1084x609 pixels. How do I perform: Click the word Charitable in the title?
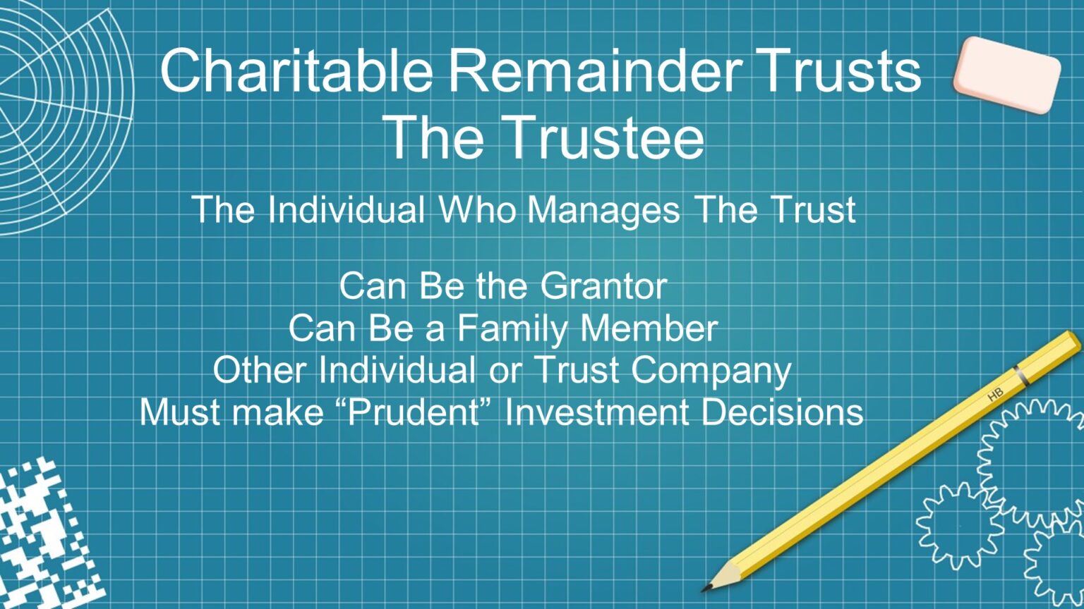[296, 70]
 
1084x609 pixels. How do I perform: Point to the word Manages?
[604, 210]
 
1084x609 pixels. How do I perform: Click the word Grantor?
[603, 286]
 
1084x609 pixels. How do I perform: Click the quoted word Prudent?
[414, 412]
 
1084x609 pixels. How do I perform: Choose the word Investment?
[597, 412]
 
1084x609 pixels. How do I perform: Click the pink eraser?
[1007, 73]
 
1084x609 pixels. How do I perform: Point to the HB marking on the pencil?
[995, 395]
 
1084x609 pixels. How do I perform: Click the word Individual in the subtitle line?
[347, 210]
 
